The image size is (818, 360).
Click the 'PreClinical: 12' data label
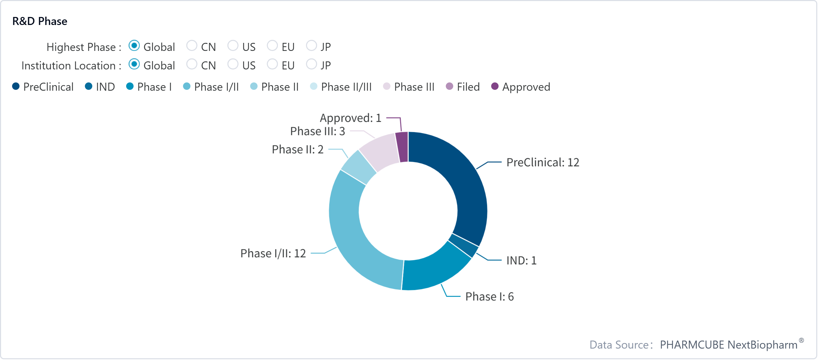(x=543, y=163)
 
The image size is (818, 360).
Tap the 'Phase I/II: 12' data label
(x=273, y=253)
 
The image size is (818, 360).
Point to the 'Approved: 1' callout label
(x=350, y=118)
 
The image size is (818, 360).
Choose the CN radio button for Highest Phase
(x=192, y=46)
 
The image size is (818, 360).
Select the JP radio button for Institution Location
(x=312, y=64)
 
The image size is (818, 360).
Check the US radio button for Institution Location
(x=233, y=64)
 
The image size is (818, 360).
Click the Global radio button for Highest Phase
(x=134, y=46)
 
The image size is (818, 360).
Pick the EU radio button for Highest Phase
(x=272, y=46)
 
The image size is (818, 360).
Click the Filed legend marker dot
(x=449, y=86)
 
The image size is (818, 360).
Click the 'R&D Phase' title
(x=40, y=21)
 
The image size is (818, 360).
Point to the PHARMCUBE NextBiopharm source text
(x=729, y=345)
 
